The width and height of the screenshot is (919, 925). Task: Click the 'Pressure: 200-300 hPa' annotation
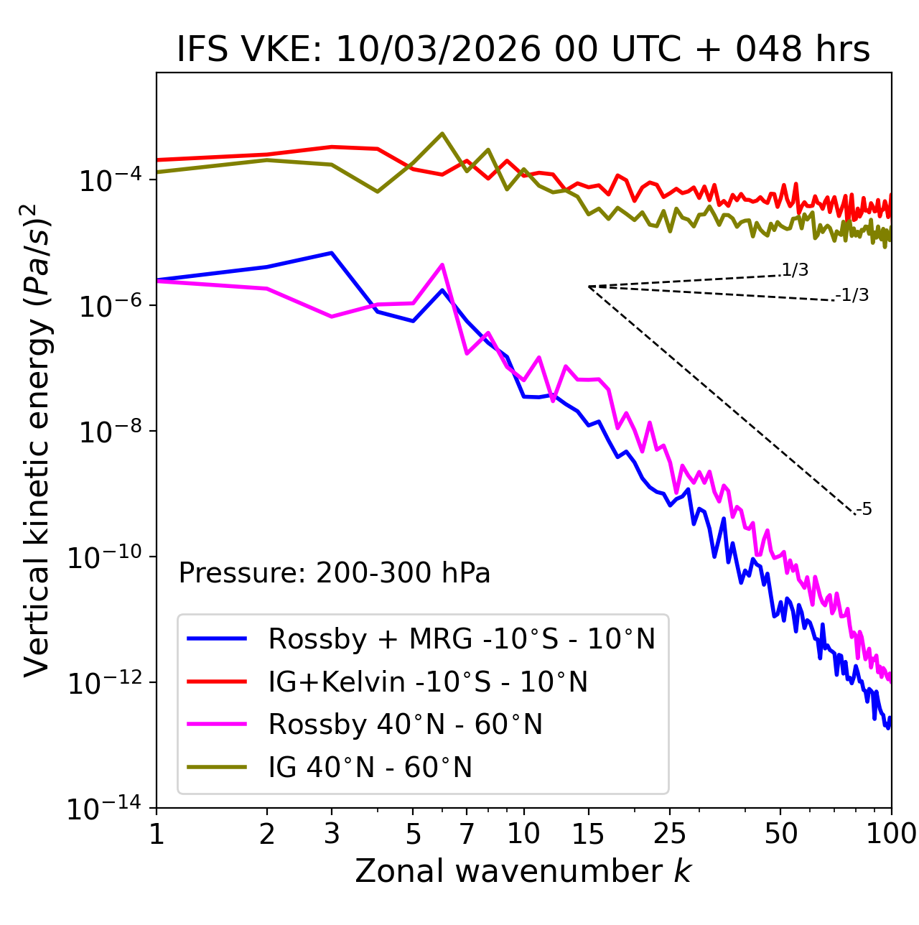(x=335, y=573)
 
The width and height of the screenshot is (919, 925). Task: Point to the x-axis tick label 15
(x=588, y=834)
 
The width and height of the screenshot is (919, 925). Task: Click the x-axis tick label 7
(x=467, y=834)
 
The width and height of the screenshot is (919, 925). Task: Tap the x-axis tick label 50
(x=780, y=834)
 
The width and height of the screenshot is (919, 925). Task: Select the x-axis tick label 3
(x=331, y=834)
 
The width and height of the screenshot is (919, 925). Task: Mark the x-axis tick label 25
(x=670, y=834)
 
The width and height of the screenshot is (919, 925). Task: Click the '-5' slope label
(x=864, y=510)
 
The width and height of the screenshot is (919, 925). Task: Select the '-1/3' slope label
(x=852, y=295)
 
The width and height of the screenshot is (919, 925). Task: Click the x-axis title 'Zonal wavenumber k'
(x=523, y=871)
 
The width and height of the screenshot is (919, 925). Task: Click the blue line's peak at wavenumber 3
(x=331, y=253)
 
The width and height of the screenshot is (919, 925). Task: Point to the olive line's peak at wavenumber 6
(x=442, y=134)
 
